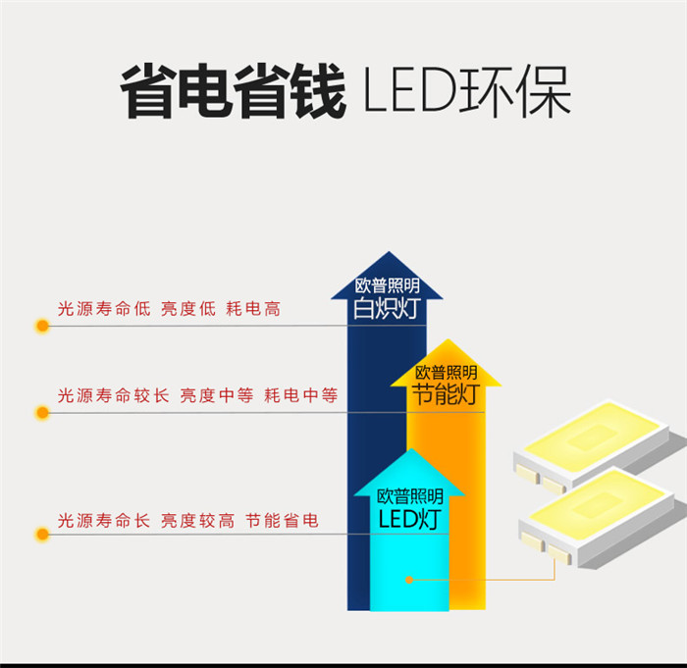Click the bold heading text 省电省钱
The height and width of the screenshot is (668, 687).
tap(233, 92)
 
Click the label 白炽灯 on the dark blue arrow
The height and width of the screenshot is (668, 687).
tap(387, 309)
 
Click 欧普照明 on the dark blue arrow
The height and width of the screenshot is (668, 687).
tap(387, 286)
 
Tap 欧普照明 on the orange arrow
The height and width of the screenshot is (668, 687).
tap(447, 373)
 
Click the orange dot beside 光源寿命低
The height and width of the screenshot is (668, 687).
tap(42, 325)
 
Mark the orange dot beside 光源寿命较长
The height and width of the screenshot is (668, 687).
tap(42, 412)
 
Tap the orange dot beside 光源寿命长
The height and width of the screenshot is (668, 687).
tap(42, 535)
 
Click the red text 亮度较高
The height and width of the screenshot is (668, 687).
tap(197, 521)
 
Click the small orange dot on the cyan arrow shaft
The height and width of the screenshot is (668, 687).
tap(409, 580)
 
